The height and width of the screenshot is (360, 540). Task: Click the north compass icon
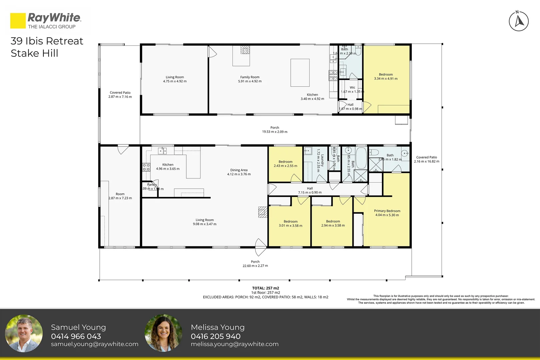[519, 21]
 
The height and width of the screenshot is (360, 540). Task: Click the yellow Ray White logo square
[18, 21]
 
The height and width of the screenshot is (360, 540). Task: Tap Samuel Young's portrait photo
[24, 333]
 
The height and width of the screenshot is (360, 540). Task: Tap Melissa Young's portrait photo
[163, 333]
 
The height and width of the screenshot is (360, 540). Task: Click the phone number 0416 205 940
[215, 336]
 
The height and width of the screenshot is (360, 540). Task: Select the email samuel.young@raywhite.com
[94, 344]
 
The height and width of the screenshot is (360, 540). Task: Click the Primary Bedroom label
[387, 211]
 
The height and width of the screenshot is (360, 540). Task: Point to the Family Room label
[250, 77]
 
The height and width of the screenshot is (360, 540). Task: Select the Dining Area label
[239, 170]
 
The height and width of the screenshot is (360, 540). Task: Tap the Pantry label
[152, 185]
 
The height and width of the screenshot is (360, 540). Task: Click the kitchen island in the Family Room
[300, 73]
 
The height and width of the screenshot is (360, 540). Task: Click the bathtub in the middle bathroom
[361, 157]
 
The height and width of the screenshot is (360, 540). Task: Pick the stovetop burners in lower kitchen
[146, 167]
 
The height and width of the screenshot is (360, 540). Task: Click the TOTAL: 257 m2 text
[265, 288]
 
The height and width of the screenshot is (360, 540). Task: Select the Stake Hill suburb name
[34, 53]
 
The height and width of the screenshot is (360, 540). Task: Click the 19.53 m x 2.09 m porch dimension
[274, 132]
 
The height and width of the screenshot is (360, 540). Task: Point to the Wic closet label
[352, 88]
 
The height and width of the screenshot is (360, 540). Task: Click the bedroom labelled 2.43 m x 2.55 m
[285, 164]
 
